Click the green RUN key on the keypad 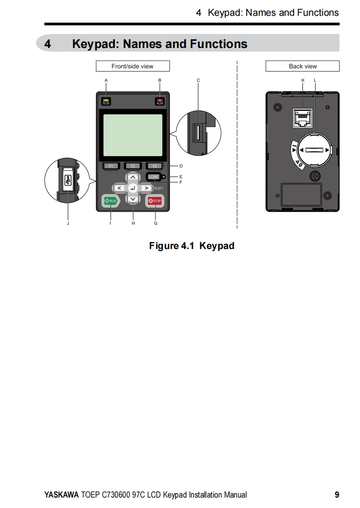click(110, 201)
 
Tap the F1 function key click(110, 166)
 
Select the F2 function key click(133, 166)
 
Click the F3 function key click(154, 166)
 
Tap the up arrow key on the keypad click(133, 177)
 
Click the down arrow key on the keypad click(133, 199)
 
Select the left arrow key click(119, 188)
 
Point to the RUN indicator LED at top click(106, 100)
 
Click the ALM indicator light click(160, 100)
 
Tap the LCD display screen click(133, 135)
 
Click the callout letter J click(68, 223)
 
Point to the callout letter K click(303, 80)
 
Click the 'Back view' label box click(302, 66)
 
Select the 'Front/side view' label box click(133, 66)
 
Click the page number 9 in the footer click(336, 495)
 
